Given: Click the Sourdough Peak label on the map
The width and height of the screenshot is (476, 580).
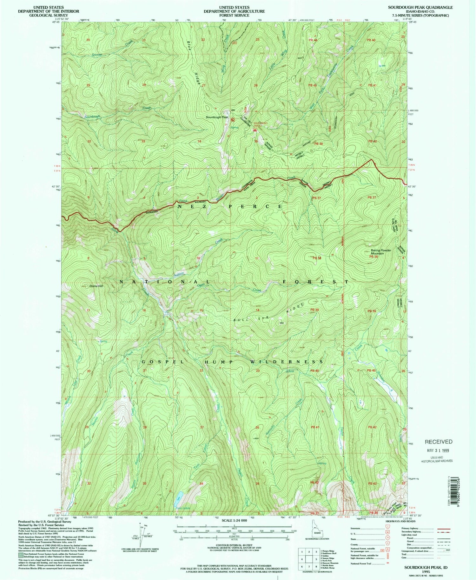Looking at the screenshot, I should pos(217,117).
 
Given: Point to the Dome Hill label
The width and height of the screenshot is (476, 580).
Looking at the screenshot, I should pos(96,286).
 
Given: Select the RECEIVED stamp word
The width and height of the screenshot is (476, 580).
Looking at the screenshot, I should pos(439,442).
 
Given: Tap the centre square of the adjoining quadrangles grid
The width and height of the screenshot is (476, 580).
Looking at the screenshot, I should pos(309,559).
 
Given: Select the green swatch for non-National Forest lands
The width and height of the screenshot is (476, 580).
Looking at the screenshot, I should pos(20,555).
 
